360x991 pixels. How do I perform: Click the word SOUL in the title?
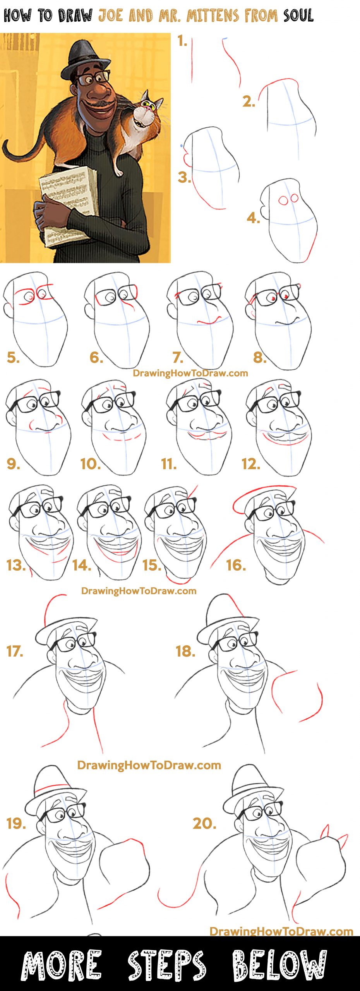point(298,16)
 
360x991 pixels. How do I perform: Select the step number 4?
point(253,218)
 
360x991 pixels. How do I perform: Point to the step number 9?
point(13,463)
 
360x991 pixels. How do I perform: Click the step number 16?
point(236,565)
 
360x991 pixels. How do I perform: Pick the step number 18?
point(185,651)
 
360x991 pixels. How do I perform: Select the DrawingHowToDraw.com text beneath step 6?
point(190,373)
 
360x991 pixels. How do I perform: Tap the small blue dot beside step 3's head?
point(181,146)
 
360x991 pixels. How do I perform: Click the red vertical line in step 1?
point(192,60)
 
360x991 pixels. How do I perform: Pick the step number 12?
point(250,463)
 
